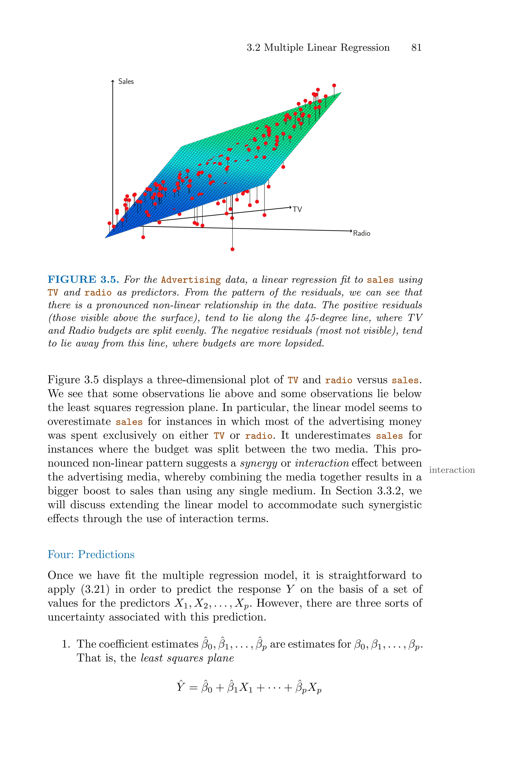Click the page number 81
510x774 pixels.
416,48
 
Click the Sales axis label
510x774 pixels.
126,81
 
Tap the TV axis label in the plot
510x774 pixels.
297,209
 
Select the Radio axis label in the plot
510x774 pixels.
361,233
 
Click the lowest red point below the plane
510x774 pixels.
232,249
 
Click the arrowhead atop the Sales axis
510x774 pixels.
113,81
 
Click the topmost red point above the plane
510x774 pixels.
334,86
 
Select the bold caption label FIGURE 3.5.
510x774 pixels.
83,280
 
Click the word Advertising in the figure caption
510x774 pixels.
191,280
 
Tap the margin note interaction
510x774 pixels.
452,470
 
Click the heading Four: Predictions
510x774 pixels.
91,554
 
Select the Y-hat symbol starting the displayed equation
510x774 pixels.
181,687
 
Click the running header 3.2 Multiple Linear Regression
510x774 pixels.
318,48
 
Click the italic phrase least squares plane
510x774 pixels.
187,658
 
